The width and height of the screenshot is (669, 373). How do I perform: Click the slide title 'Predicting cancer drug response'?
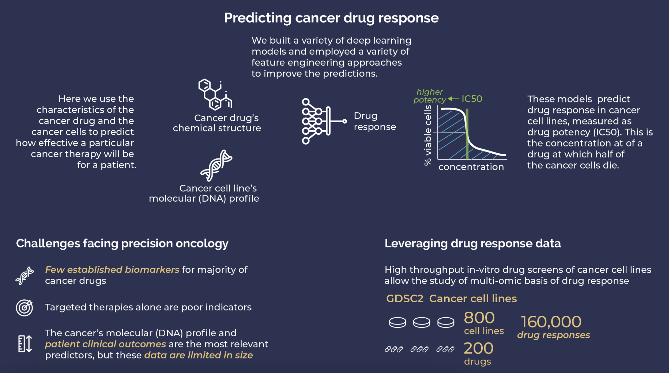pos(331,18)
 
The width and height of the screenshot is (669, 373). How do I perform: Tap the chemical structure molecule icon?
pos(215,94)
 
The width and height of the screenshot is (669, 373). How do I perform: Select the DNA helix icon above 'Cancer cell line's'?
pos(216,165)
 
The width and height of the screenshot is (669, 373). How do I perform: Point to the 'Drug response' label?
pos(374,121)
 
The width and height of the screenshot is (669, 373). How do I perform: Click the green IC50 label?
pos(472,99)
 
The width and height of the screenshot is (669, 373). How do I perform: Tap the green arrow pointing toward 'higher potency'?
pos(453,99)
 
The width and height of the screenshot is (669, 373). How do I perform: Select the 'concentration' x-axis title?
pos(471,167)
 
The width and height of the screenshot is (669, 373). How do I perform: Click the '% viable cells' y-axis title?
pos(427,135)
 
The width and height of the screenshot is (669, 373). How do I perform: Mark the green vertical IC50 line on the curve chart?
pos(467,134)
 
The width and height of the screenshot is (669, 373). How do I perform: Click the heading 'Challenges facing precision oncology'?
pos(122,244)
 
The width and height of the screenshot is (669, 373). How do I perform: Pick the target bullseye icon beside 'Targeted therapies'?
pos(24,308)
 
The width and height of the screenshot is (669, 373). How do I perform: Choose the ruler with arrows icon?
pos(25,344)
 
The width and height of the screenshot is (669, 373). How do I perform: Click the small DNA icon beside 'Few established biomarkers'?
pos(24,276)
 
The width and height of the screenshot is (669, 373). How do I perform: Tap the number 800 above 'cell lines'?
pos(479,318)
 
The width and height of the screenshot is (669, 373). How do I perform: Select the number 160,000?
pos(551,322)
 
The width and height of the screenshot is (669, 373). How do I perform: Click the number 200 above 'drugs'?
pos(478,348)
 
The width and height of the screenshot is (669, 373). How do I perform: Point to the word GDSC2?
pos(404,299)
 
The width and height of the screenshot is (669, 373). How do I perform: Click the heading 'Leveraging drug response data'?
pos(472,244)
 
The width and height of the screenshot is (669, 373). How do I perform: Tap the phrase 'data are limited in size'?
pos(198,355)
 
